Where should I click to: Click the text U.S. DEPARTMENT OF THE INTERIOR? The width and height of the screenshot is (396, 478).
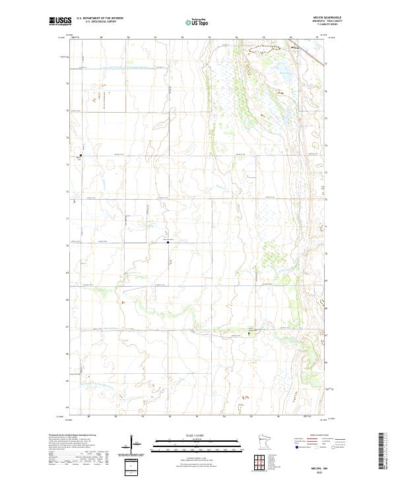pyautogui.click(x=100, y=19)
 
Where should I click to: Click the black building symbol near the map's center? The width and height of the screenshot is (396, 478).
pyautogui.click(x=168, y=243)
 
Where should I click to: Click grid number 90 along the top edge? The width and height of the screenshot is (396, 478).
pyautogui.click(x=128, y=38)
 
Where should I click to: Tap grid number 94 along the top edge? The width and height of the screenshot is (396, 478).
pyautogui.click(x=236, y=38)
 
